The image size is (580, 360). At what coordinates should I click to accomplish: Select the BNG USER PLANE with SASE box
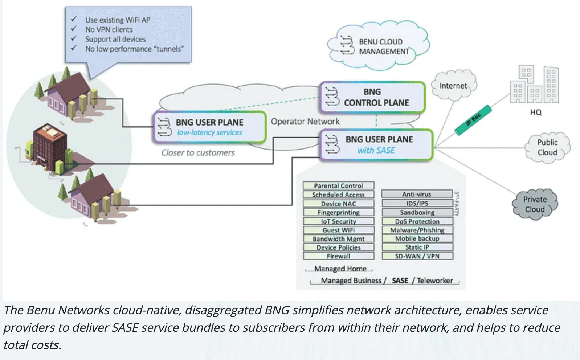coord(376,145)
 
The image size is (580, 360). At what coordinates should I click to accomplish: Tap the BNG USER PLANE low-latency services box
coord(209,127)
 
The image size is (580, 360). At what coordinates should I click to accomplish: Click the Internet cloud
coord(453,86)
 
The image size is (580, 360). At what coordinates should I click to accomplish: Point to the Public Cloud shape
coord(547,147)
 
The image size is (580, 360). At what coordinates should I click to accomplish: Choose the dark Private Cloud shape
coord(535,204)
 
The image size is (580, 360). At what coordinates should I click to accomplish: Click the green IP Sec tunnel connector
coord(473,120)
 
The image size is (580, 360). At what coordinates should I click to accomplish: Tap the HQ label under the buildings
coord(536,112)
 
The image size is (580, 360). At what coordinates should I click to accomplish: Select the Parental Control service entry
coord(338,186)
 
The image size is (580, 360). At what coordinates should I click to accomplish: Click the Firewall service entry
coord(338,256)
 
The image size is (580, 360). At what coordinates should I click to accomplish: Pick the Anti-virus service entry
coord(417,194)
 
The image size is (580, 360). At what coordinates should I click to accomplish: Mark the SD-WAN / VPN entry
coord(417,256)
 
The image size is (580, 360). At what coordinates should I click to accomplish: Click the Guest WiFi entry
coord(338,230)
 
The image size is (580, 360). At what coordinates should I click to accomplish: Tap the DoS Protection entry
coord(417,221)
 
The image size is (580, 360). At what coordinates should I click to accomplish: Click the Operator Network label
coord(305,122)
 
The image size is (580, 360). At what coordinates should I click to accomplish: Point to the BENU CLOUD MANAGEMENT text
coord(384,46)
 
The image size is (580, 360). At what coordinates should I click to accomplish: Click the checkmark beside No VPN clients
coord(74,29)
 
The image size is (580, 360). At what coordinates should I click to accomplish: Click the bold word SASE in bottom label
coord(400,281)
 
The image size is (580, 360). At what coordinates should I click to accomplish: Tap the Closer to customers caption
coord(198,153)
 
